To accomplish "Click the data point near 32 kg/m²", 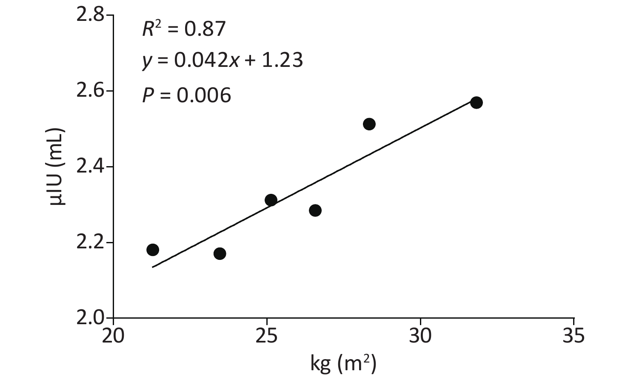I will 476,103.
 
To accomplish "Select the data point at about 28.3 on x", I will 369,124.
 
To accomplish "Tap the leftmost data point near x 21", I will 153,250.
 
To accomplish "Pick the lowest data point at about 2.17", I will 220,253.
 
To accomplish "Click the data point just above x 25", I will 271,200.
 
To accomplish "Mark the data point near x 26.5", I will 315,210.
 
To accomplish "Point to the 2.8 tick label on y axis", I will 90,15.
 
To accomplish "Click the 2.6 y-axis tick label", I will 90,91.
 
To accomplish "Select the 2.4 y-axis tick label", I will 90,167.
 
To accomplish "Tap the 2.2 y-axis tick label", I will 90,243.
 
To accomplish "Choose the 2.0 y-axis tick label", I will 90,318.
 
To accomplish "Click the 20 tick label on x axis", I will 113,336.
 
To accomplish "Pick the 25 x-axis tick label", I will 267,336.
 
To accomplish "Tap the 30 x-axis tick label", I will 420,336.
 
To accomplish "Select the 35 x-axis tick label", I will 574,336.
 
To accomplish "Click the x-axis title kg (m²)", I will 343,364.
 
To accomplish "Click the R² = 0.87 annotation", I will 184,29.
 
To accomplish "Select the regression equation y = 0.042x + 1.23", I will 223,60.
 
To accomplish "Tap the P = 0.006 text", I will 187,95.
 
